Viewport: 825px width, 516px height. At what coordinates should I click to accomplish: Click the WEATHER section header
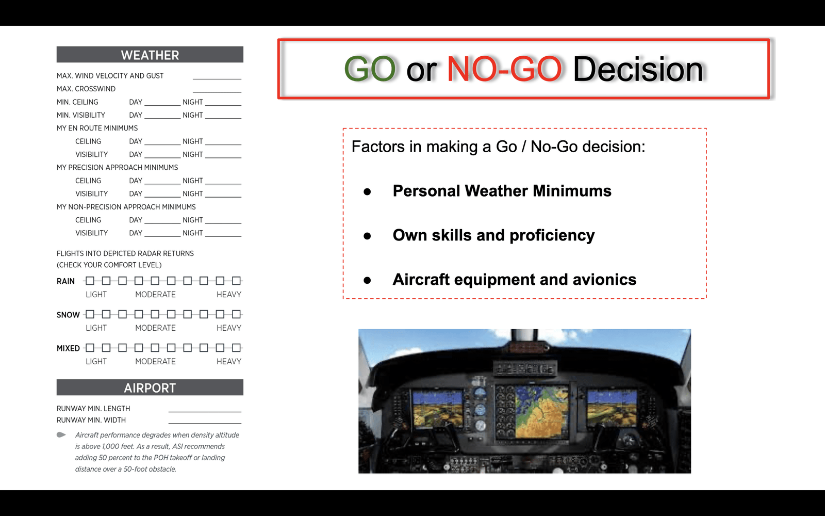coord(150,55)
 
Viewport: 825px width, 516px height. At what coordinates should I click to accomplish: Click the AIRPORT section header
coord(150,388)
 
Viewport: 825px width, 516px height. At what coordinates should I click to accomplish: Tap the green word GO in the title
coord(370,69)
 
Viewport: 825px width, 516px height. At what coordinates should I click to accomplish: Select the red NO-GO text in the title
coord(504,69)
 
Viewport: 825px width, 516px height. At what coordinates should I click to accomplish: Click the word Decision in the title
coord(638,69)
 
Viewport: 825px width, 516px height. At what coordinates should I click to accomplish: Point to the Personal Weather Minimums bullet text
coord(502,191)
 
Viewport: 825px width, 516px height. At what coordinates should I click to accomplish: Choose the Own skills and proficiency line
coord(493,235)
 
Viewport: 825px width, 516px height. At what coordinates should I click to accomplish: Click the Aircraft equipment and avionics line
coord(515,279)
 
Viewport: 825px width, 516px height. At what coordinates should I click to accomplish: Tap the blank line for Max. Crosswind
coord(217,92)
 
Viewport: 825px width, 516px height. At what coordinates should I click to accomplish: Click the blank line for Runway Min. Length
coord(205,411)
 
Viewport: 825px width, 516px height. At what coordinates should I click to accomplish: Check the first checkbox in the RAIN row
coord(90,281)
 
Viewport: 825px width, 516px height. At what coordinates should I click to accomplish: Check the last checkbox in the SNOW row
coord(237,314)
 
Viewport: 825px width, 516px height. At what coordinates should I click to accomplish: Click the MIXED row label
coord(68,348)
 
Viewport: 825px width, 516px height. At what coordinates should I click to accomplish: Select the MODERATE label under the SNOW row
coord(155,328)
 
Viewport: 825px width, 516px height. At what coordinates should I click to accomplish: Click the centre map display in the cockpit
coord(542,411)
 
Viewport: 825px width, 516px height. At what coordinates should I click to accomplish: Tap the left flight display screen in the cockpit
coord(438,410)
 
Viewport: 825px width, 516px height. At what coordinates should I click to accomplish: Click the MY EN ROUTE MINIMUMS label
coord(97,128)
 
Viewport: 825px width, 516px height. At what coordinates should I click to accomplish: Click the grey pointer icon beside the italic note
coord(61,435)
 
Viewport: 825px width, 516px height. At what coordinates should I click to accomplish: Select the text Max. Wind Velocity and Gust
coord(110,75)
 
